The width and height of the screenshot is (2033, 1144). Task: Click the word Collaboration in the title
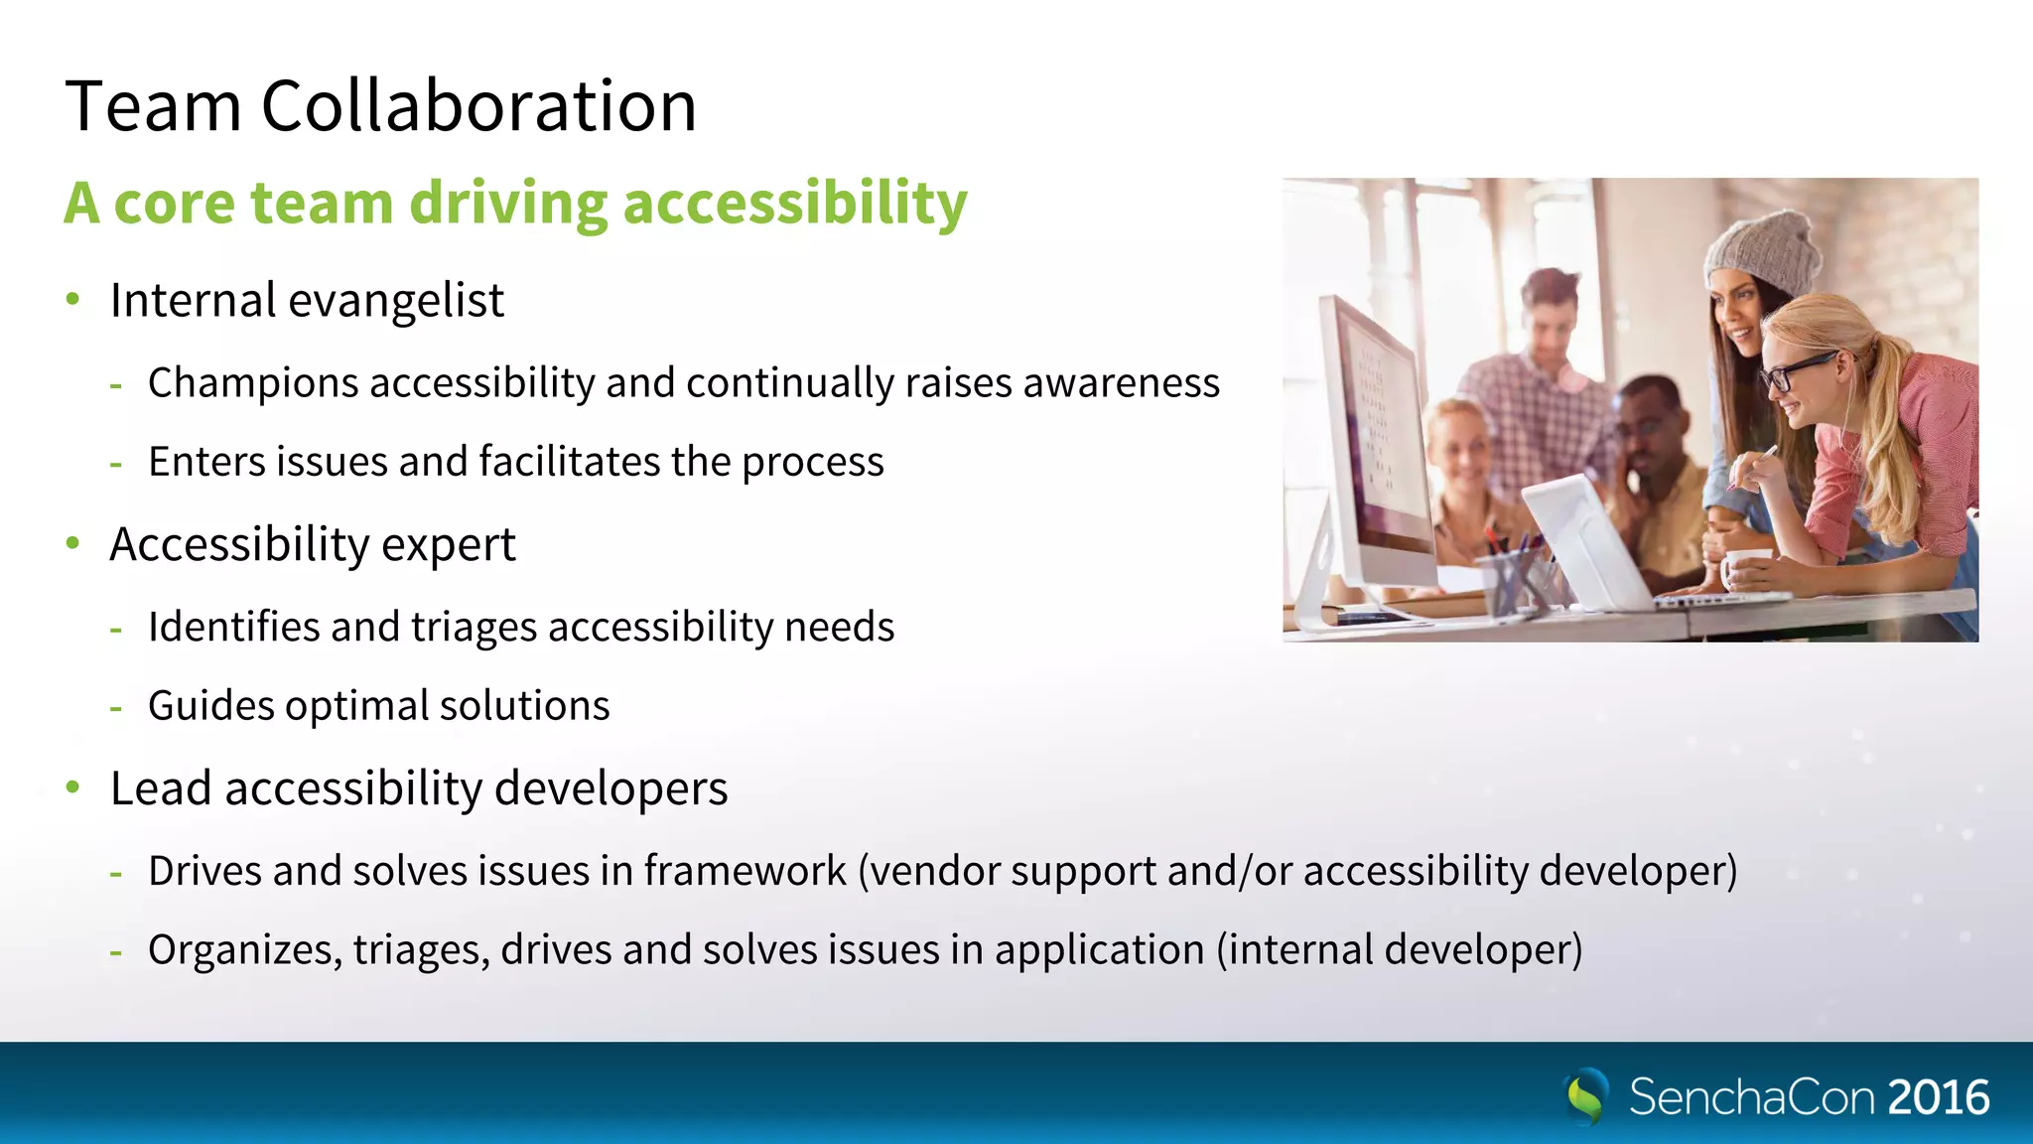(x=478, y=106)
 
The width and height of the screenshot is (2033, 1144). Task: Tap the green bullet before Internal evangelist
(x=72, y=299)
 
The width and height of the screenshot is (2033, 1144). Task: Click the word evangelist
(x=396, y=301)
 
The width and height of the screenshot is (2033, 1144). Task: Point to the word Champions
(x=253, y=383)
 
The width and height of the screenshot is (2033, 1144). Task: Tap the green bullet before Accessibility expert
(x=72, y=543)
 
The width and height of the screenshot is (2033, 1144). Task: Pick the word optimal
(x=361, y=706)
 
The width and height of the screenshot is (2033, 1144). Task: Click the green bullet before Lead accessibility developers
(x=72, y=787)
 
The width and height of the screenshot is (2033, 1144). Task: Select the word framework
(x=745, y=871)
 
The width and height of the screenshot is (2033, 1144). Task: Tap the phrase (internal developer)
(x=1400, y=950)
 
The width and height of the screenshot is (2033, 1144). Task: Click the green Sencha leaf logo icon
(x=1586, y=1096)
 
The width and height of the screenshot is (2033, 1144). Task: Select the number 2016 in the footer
(x=1939, y=1098)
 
